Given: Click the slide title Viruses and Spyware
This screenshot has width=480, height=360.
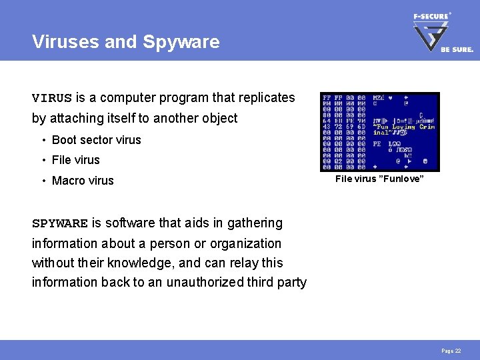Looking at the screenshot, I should (125, 42).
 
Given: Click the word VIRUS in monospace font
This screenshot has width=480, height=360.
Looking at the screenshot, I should (51, 98).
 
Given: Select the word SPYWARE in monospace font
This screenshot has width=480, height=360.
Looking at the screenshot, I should (60, 223).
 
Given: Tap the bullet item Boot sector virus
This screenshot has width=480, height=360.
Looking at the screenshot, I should (96, 140).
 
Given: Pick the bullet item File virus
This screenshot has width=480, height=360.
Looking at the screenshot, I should (75, 160).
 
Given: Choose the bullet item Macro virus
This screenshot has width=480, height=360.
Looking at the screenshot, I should (83, 181).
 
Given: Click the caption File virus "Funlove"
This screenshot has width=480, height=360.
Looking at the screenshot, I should (379, 179).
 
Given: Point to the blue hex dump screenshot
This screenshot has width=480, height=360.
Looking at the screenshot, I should (379, 131).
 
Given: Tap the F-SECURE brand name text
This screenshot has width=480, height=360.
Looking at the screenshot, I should (431, 16).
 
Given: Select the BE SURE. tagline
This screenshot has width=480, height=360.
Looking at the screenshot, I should (457, 49).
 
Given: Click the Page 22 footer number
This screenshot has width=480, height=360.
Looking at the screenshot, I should (451, 351).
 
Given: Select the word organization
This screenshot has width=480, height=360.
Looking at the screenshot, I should (244, 243).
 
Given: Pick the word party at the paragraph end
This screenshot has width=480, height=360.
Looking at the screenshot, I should (292, 282).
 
